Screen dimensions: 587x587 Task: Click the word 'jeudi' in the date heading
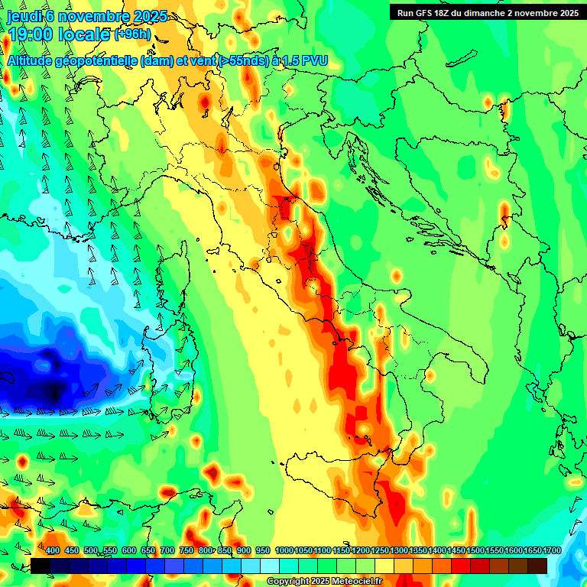tap(24, 16)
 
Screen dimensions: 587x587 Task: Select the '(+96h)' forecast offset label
tap(131, 34)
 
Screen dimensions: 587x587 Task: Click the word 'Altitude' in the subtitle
tap(34, 60)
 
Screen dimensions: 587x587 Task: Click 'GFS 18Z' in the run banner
tap(430, 12)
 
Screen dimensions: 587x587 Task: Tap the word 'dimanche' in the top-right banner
tap(486, 12)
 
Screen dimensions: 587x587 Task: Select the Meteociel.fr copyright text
tap(325, 582)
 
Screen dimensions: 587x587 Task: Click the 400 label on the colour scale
tap(53, 551)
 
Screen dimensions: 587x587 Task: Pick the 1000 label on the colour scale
tap(284, 551)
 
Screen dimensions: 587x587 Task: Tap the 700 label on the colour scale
tap(167, 551)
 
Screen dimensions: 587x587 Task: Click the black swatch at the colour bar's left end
tap(41, 566)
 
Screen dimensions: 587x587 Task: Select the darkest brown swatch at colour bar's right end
tap(537, 566)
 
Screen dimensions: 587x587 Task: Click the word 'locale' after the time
tap(86, 34)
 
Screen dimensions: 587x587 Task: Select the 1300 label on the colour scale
tap(399, 551)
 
